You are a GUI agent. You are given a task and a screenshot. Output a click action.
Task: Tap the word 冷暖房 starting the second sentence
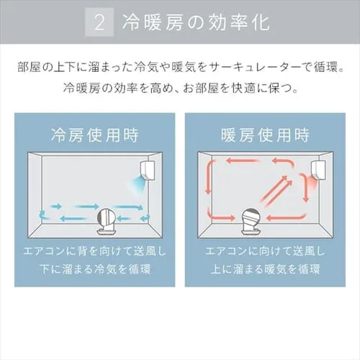pyautogui.click(x=78, y=91)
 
